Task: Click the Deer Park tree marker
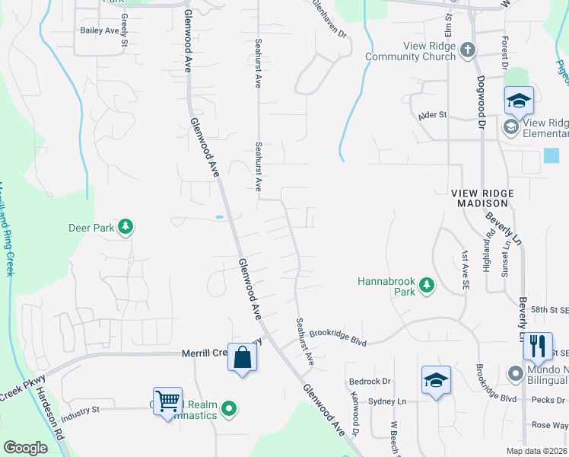click(126, 227)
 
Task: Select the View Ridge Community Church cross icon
click(468, 51)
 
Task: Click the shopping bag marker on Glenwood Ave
click(242, 357)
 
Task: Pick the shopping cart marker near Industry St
click(167, 399)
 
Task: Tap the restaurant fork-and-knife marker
click(538, 346)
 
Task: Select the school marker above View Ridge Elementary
click(519, 101)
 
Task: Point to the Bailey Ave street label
click(100, 30)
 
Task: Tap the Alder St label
click(432, 116)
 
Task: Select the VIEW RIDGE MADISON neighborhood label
click(482, 198)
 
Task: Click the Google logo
click(25, 448)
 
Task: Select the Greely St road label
click(125, 37)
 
